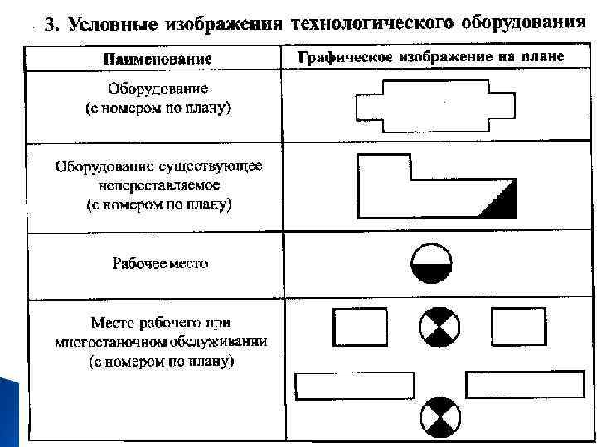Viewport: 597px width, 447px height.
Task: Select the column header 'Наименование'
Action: click(157, 60)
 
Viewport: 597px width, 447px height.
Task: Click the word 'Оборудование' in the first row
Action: click(158, 88)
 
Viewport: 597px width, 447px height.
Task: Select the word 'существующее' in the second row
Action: click(218, 166)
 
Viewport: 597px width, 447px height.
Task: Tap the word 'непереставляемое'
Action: click(157, 185)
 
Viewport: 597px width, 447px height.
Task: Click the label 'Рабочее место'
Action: click(160, 264)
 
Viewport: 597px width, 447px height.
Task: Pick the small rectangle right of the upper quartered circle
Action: click(519, 326)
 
